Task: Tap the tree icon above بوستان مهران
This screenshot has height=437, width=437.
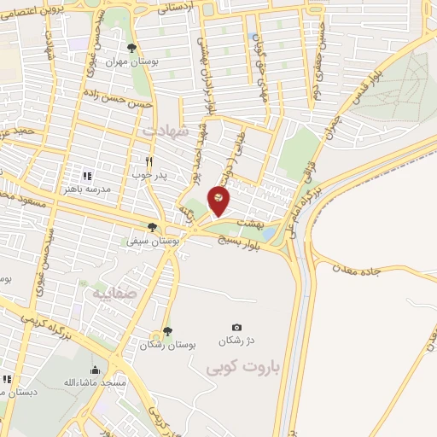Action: (x=131, y=48)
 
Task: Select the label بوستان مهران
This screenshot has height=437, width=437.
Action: (x=128, y=62)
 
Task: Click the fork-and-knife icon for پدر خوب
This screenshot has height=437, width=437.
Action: (x=149, y=161)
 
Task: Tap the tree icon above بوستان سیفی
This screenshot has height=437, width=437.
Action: (x=152, y=227)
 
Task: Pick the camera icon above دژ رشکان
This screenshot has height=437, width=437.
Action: (x=236, y=327)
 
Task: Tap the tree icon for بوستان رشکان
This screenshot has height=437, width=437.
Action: (x=166, y=330)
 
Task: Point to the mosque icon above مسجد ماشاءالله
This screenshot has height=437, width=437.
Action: (x=94, y=370)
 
